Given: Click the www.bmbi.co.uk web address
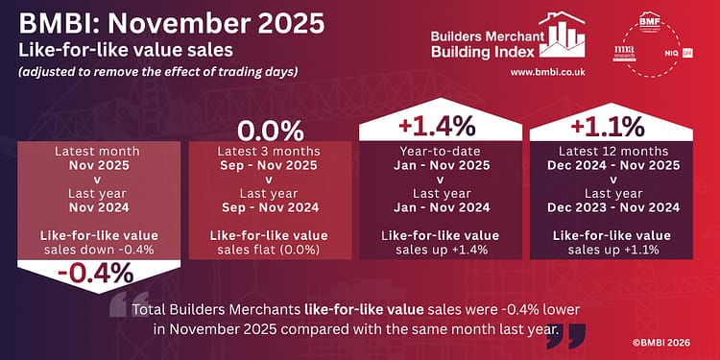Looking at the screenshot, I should point(543,72).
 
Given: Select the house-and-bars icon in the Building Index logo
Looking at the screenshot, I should point(567,34).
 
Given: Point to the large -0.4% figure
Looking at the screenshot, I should point(94,273).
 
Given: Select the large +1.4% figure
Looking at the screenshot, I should point(441,125).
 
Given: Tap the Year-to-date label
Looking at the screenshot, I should point(441,151).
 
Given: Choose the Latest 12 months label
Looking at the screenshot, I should point(612,151).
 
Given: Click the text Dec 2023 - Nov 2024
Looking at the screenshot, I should point(612,207).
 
